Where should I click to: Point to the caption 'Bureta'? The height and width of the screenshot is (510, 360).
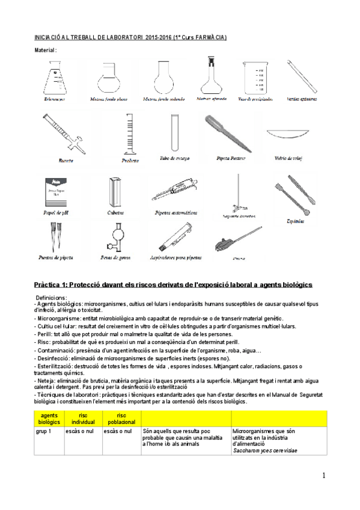67,161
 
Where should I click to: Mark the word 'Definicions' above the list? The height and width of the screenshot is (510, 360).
51,298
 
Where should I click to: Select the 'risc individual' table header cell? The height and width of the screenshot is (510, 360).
84,419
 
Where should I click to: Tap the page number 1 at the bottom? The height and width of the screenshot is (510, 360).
323,476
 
